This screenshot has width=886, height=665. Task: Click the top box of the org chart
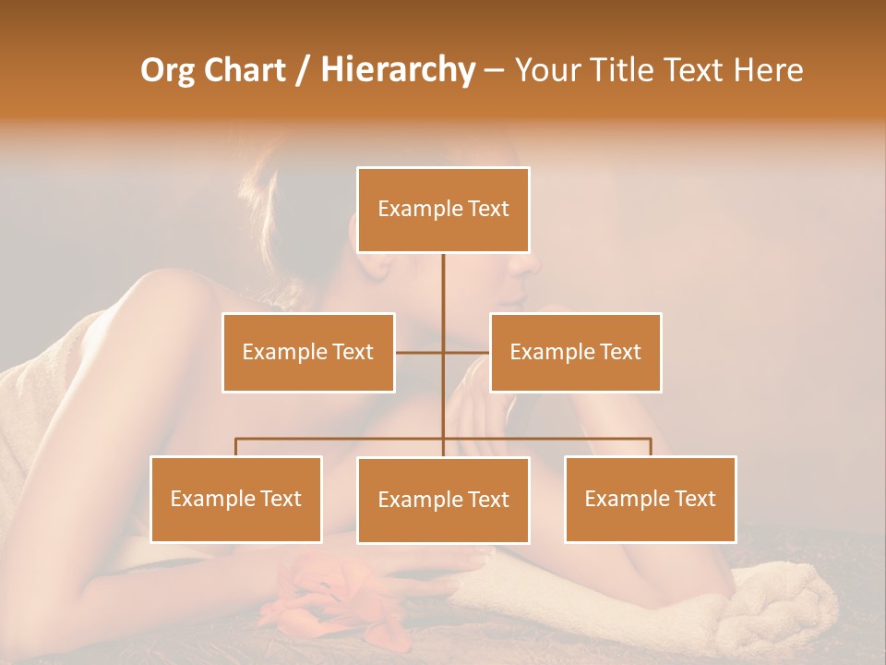(x=443, y=210)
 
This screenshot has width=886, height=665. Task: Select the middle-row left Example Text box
(x=308, y=352)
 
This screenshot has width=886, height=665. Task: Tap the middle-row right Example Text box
(x=575, y=352)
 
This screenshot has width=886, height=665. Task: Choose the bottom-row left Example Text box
(x=236, y=499)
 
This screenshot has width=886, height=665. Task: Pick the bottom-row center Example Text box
(x=443, y=500)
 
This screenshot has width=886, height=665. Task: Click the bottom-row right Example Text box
(x=650, y=499)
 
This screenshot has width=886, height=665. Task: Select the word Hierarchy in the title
(x=397, y=70)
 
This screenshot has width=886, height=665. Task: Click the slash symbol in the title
(x=302, y=70)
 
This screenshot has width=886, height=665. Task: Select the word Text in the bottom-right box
(x=696, y=499)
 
